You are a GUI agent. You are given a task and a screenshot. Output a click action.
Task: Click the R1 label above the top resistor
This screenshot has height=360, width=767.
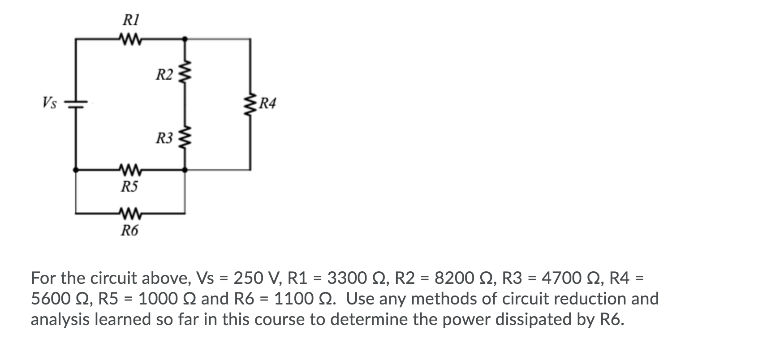130,20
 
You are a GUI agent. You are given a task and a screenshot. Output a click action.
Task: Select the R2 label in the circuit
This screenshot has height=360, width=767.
164,74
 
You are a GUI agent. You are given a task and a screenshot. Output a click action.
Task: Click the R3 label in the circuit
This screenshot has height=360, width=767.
164,138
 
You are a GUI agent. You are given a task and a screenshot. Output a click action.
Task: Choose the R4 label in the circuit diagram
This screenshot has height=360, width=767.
268,104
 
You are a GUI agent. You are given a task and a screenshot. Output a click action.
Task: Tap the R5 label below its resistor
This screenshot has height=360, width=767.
130,186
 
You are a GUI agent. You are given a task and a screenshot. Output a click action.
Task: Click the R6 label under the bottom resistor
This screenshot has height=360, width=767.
130,231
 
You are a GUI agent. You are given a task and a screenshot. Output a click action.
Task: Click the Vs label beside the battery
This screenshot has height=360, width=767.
49,103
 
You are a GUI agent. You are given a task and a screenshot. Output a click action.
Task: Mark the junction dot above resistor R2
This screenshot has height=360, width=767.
186,39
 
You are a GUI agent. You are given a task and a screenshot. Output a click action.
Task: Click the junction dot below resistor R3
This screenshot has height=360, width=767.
186,170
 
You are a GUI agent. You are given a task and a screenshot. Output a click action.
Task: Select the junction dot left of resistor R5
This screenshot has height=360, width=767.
76,170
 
